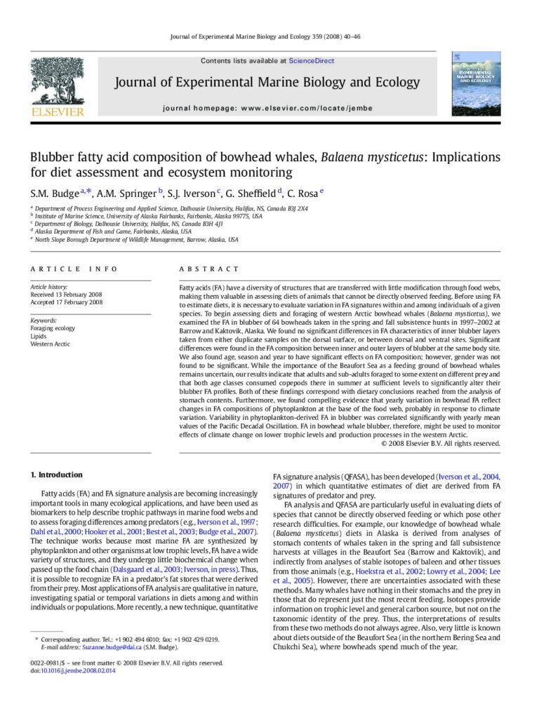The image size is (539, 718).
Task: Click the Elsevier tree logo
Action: (x=57, y=81)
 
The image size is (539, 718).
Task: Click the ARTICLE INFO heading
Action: (x=74, y=269)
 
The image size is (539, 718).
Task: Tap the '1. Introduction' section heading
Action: (x=56, y=475)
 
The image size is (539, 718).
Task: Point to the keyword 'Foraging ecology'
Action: (x=53, y=327)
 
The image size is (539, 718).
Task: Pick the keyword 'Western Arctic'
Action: (x=50, y=344)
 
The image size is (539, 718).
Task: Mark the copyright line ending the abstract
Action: (x=440, y=443)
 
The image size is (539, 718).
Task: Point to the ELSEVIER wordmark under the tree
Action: (x=57, y=111)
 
